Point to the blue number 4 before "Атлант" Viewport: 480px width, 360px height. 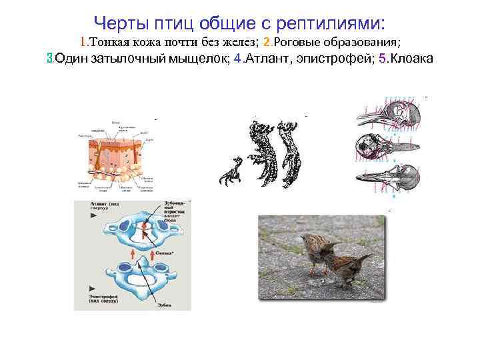(238, 59)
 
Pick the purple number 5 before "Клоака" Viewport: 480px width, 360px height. (381, 59)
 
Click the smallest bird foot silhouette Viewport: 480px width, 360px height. (231, 171)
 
